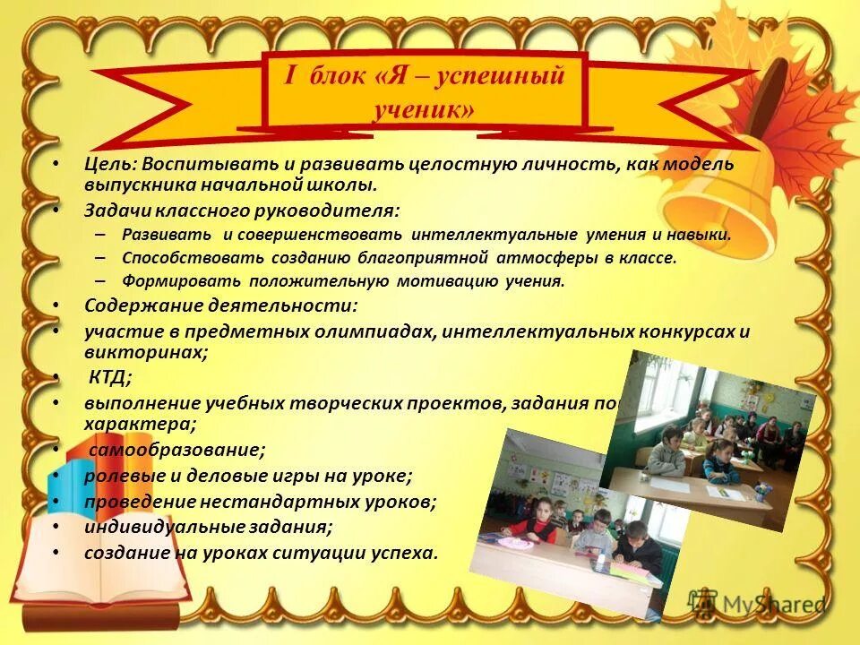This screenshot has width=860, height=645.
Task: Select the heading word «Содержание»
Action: (133, 305)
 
